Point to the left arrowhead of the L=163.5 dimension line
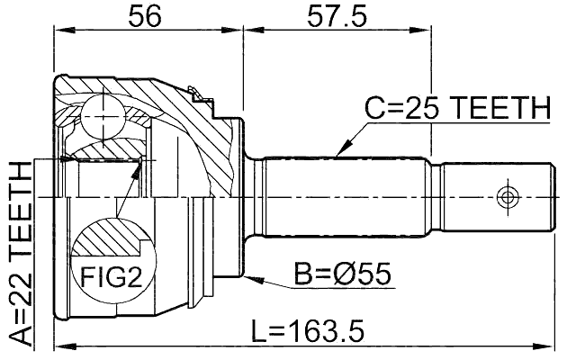[59, 345]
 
